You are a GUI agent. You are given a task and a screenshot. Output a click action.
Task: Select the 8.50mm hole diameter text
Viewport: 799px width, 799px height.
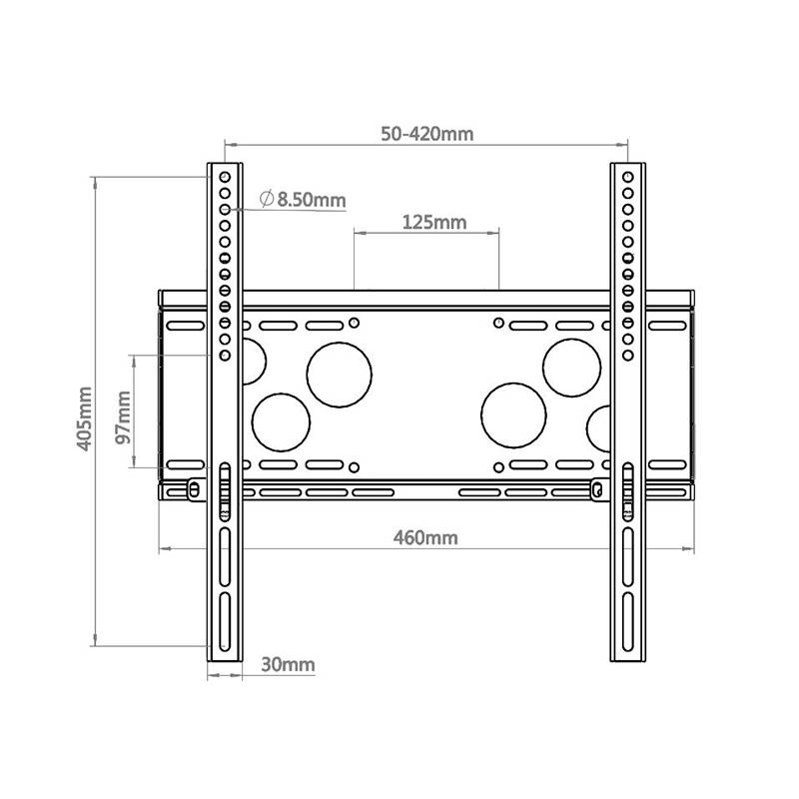312,200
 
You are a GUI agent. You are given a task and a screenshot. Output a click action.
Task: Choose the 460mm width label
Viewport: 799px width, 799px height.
425,537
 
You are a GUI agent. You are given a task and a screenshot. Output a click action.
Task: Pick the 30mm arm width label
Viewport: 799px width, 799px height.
288,664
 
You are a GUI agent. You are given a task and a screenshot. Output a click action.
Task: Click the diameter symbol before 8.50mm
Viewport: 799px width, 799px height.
267,199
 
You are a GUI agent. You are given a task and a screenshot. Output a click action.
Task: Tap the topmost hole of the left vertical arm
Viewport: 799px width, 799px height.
225,177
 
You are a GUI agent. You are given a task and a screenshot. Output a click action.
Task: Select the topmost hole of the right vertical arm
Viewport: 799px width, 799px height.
627,177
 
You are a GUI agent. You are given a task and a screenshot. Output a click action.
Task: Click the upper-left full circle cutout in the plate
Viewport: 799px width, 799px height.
340,375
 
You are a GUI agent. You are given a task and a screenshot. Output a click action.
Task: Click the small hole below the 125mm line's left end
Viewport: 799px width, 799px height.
355,322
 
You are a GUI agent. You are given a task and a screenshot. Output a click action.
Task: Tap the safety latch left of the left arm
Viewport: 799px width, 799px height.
193,487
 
